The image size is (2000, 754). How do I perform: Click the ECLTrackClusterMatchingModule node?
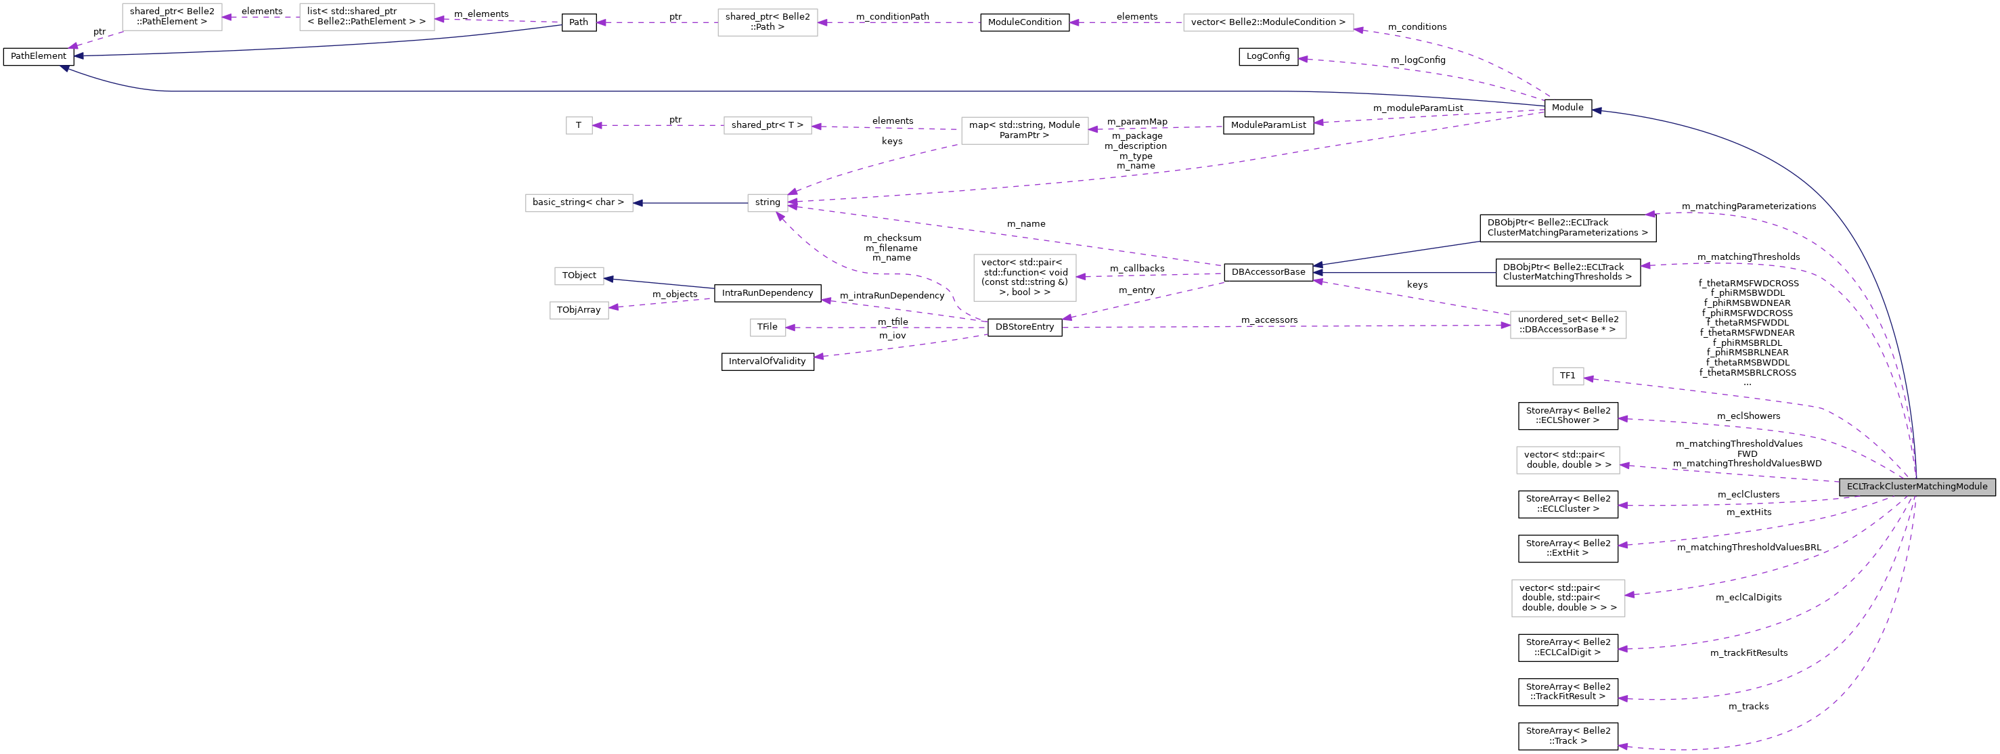(1916, 487)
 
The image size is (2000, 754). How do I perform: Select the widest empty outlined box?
(1268, 22)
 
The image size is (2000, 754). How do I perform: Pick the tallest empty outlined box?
(1024, 278)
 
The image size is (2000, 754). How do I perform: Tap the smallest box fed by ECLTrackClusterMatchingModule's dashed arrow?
(1568, 376)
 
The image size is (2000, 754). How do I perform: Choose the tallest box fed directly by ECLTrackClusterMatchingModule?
(1568, 598)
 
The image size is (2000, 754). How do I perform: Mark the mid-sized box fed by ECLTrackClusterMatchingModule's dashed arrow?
(1568, 460)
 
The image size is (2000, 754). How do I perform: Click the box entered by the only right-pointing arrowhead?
(1568, 325)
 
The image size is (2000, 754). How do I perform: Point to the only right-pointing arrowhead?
(1505, 326)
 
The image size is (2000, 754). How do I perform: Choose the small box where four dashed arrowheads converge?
(767, 202)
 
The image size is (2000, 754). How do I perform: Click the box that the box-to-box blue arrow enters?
(579, 202)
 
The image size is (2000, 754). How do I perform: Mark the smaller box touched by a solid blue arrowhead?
(579, 275)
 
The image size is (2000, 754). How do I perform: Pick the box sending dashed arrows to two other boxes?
(1024, 131)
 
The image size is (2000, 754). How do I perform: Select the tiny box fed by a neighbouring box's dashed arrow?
(579, 125)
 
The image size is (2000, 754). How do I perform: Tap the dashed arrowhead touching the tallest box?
(1081, 276)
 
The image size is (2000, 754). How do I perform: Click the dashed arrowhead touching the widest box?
(1358, 30)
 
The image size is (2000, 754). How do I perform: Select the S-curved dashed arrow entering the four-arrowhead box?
(870, 272)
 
